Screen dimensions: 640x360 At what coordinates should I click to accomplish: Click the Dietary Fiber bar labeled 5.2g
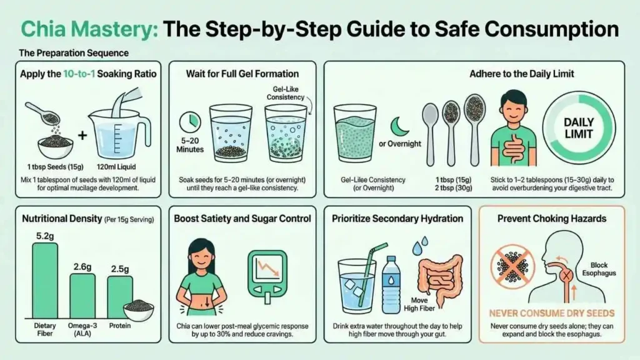[x=45, y=281]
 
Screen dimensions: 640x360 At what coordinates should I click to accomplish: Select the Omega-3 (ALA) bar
[x=82, y=296]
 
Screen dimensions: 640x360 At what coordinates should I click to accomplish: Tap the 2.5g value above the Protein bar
[x=120, y=269]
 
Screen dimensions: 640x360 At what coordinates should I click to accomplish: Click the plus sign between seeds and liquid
[x=82, y=135]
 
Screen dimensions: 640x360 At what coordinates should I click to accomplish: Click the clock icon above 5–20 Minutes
[x=190, y=122]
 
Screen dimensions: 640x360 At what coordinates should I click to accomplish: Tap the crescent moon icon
[x=399, y=127]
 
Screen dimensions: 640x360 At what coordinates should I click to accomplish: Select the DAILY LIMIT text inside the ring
[x=578, y=128]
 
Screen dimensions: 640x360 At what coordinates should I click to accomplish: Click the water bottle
[x=391, y=285]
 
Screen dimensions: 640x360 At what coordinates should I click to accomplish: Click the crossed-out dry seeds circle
[x=512, y=267]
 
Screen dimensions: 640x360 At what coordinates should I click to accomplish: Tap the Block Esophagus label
[x=599, y=269]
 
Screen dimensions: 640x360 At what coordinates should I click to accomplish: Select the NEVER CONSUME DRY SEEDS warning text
[x=552, y=314]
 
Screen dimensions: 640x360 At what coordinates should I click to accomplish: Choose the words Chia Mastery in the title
[x=89, y=29]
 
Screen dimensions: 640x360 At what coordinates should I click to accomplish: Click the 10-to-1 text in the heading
[x=79, y=74]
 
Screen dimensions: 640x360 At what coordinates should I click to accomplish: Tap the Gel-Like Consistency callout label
[x=285, y=93]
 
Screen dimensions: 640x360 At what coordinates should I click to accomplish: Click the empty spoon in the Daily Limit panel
[x=430, y=134]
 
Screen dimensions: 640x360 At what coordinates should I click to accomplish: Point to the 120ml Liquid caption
[x=116, y=166]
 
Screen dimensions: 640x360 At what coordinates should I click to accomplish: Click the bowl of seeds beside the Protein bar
[x=139, y=310]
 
